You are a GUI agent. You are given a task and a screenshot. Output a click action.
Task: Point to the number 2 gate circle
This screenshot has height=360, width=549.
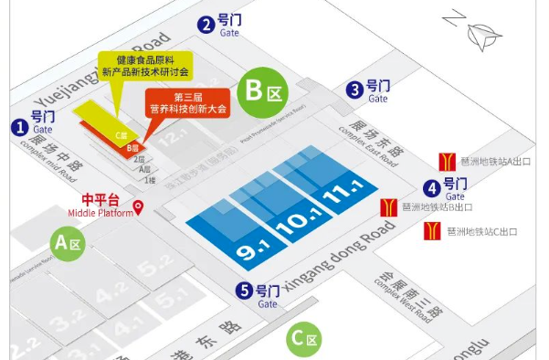207,25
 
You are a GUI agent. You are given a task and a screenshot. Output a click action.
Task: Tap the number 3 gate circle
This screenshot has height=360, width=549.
354,89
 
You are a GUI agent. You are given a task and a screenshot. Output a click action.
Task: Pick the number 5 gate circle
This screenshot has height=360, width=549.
244,291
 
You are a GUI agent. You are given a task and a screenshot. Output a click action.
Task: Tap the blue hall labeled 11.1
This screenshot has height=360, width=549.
337,192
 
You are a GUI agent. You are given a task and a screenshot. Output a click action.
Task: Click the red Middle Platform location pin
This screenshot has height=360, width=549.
139,206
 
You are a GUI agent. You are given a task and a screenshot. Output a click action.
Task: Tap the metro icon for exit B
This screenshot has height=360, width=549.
388,206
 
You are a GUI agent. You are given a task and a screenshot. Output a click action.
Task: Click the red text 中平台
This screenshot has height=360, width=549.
101,199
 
